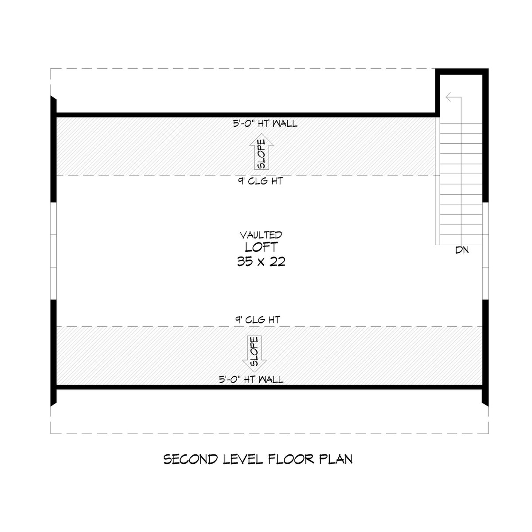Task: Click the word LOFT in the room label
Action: (x=261, y=247)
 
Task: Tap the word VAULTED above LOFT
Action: (x=261, y=235)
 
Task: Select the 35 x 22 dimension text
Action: (x=261, y=261)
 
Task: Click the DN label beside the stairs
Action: (x=462, y=250)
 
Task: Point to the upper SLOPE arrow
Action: (x=262, y=151)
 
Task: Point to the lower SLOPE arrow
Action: (x=254, y=354)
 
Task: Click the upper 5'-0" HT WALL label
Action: (x=265, y=123)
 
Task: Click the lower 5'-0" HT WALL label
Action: (x=251, y=379)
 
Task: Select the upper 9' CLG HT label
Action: (x=261, y=181)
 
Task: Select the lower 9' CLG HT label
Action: (x=258, y=320)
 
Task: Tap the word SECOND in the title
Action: (x=191, y=459)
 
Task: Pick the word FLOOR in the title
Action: (x=291, y=459)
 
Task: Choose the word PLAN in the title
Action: (x=336, y=459)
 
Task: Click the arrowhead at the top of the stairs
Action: (x=448, y=97)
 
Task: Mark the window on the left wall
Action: (x=53, y=251)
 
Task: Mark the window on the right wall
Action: (x=485, y=251)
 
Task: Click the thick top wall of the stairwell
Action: (x=462, y=71)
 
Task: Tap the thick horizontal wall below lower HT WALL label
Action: (x=270, y=387)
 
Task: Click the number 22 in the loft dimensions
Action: (x=277, y=261)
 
